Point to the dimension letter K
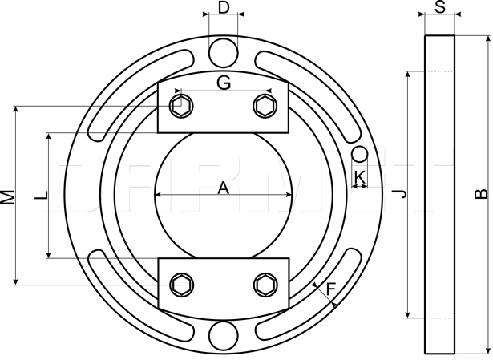tap(360, 175)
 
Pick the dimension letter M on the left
tap(8, 196)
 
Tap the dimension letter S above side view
tap(439, 7)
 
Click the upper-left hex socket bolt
tap(182, 105)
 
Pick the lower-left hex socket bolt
tap(182, 284)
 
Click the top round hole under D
tap(224, 52)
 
